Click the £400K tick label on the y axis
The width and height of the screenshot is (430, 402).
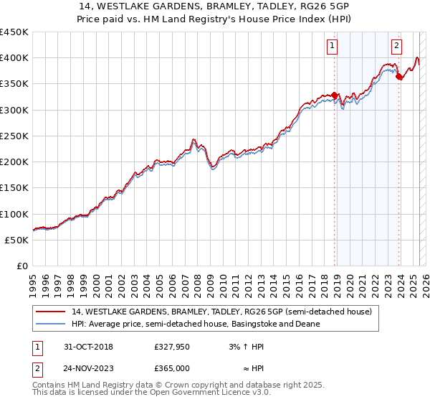[14, 58]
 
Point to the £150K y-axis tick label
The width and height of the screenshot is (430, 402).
[14, 187]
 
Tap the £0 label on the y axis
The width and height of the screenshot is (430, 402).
[22, 266]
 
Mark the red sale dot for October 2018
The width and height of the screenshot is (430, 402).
[335, 95]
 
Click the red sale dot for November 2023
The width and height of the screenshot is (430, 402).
[399, 77]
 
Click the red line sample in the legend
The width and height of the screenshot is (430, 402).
[50, 312]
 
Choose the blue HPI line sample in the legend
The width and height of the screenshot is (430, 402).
[50, 324]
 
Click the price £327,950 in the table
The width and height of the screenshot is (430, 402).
[171, 347]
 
